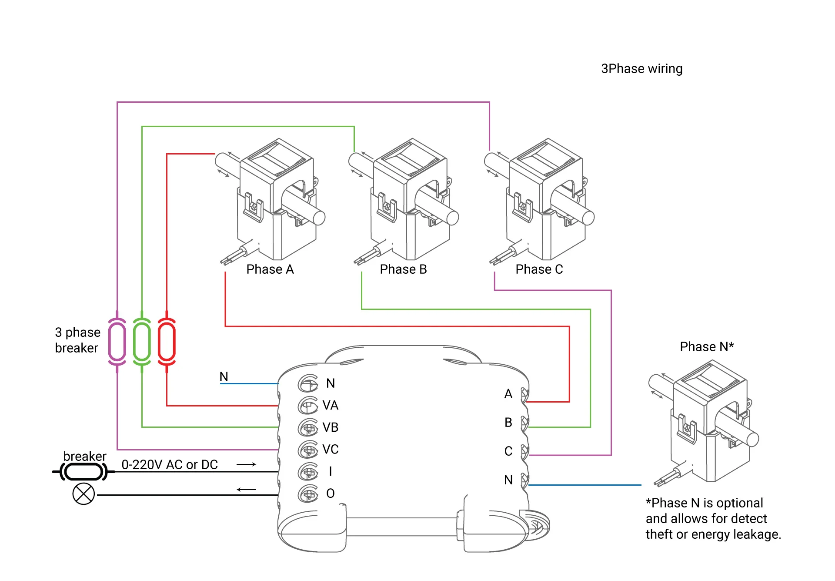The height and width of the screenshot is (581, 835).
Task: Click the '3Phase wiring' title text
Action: (641, 69)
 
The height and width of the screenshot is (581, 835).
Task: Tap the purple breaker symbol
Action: (117, 342)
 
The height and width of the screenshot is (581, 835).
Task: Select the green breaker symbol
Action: (142, 342)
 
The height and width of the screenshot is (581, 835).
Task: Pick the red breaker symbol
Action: (167, 342)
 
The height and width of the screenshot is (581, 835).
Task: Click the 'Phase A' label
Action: (270, 269)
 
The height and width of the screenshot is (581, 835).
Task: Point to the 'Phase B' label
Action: (403, 269)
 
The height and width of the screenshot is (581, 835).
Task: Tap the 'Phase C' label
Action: (539, 269)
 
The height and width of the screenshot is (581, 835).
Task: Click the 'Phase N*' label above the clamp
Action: (707, 347)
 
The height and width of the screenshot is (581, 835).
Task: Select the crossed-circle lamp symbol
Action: (83, 494)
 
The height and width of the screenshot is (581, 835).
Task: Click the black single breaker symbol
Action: (83, 471)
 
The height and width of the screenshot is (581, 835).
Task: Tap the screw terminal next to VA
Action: (308, 406)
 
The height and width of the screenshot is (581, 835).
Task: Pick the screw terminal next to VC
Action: (308, 450)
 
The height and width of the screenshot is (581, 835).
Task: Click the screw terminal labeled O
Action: (308, 494)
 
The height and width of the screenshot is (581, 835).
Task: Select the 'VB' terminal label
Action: (331, 427)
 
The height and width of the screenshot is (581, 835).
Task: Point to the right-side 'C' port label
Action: (508, 451)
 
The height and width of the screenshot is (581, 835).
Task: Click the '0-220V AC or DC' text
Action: (170, 465)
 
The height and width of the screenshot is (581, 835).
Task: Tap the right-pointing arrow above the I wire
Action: (246, 464)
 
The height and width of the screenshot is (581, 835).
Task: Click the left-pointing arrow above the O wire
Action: (246, 490)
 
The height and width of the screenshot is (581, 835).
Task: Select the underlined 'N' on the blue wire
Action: (224, 376)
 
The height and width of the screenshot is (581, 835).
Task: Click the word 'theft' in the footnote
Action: (659, 534)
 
